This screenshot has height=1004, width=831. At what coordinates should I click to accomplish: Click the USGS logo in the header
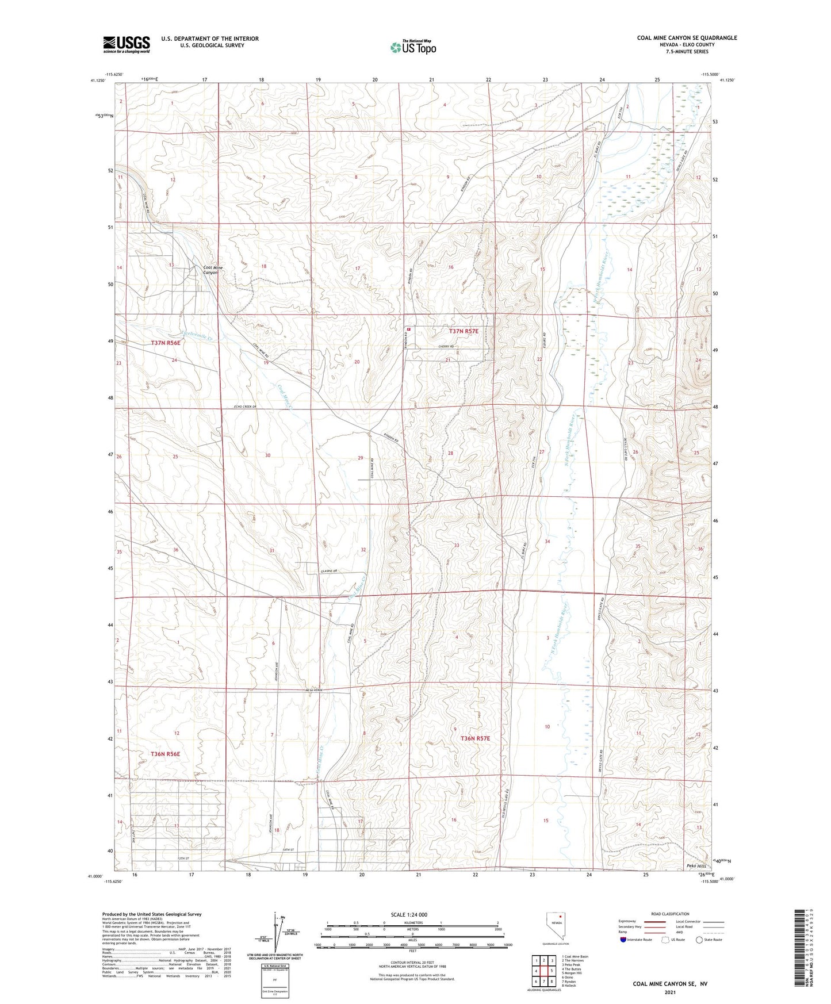click(126, 44)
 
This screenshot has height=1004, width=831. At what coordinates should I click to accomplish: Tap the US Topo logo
click(412, 47)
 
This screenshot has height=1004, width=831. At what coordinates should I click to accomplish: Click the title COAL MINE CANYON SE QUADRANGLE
click(687, 38)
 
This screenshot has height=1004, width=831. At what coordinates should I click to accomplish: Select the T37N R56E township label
click(166, 343)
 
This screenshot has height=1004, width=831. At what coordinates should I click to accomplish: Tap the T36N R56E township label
click(165, 753)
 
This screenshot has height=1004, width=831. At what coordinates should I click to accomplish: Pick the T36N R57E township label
click(475, 738)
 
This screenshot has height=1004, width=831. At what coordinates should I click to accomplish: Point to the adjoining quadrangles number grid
click(543, 972)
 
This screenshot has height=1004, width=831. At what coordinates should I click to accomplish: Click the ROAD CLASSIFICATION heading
click(670, 914)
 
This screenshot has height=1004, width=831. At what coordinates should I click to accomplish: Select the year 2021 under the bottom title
click(670, 992)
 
